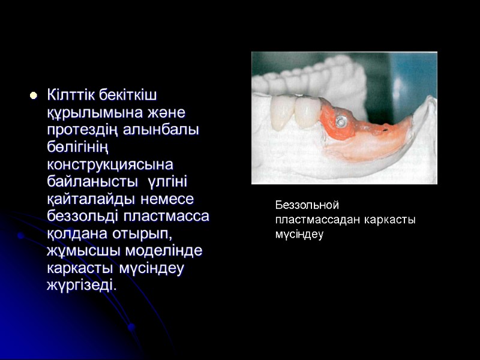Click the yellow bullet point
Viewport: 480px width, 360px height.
tap(33, 95)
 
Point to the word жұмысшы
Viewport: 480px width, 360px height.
tap(80, 250)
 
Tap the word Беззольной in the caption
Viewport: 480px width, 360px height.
tap(308, 206)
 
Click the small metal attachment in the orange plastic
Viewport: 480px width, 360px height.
tap(340, 120)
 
